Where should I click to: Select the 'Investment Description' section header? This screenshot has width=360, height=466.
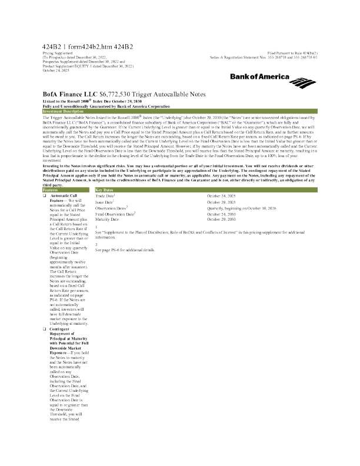pos(64,111)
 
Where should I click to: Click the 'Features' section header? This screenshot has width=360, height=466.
pos(51,189)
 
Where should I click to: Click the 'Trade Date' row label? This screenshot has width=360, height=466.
pos(105,195)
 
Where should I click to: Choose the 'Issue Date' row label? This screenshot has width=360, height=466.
pos(105,202)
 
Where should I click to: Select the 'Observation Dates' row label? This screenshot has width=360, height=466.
pos(111,208)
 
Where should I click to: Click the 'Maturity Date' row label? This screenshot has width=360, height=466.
pos(108,219)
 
